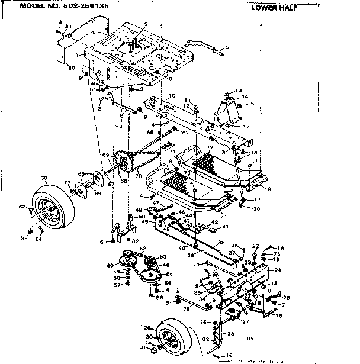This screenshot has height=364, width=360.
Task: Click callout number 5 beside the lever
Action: tap(227, 47)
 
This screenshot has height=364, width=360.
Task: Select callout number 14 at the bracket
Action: tap(245, 96)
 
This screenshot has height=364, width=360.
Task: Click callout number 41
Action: tap(225, 227)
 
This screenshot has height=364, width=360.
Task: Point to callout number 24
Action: tap(277, 270)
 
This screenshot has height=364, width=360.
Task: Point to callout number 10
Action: tap(172, 95)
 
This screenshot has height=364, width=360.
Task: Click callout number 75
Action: tap(277, 254)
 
